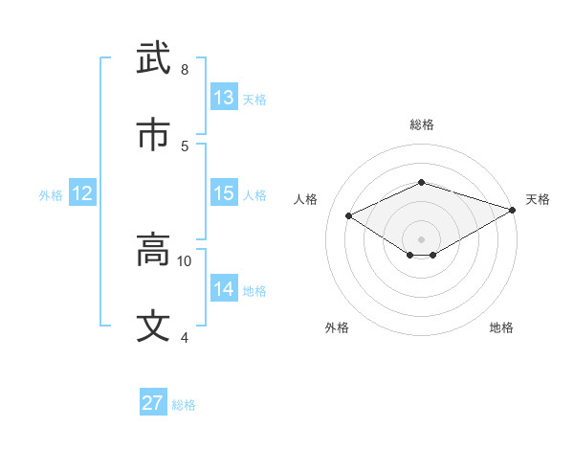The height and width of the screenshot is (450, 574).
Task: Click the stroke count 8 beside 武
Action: click(x=185, y=69)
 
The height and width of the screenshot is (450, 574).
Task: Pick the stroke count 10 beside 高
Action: click(x=185, y=260)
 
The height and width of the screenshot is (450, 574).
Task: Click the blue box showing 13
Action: click(x=224, y=98)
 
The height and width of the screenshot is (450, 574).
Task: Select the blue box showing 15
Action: click(x=224, y=193)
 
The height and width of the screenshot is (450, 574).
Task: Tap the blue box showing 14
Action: click(x=224, y=289)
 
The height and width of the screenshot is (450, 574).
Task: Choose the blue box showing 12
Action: click(x=82, y=193)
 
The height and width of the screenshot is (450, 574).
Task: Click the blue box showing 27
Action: click(x=153, y=403)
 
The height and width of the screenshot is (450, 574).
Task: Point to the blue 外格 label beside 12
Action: click(x=51, y=195)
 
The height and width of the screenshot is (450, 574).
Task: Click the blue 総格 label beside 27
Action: click(x=184, y=405)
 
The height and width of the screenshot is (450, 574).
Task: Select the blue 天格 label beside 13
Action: click(x=254, y=100)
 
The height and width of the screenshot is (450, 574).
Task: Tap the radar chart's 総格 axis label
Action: click(x=422, y=124)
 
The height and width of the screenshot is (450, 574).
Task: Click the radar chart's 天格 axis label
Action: click(x=538, y=199)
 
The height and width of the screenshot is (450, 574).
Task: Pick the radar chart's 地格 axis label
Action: click(x=501, y=327)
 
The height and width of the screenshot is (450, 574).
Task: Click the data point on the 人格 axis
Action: click(x=349, y=215)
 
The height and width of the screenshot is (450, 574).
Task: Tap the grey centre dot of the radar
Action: click(x=422, y=238)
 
